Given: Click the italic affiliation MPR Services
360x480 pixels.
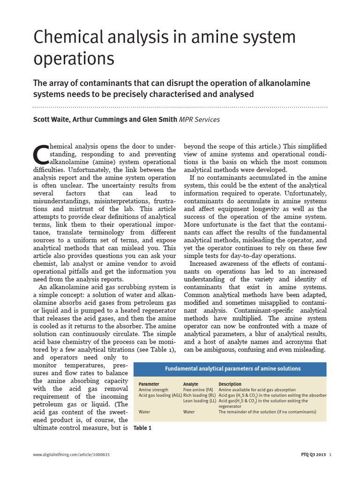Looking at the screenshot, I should pyautogui.click(x=199, y=120).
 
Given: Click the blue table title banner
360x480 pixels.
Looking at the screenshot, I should pyautogui.click(x=230, y=368).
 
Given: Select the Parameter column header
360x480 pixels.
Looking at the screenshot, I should pyautogui.click(x=149, y=384).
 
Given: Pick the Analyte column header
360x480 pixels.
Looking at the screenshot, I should pyautogui.click(x=190, y=384).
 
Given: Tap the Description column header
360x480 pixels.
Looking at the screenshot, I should pyautogui.click(x=230, y=384).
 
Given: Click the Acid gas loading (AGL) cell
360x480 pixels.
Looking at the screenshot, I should pyautogui.click(x=160, y=396).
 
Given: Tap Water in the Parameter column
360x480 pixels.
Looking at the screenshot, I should pyautogui.click(x=144, y=412).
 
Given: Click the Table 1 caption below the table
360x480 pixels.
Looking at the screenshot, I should pyautogui.click(x=142, y=428).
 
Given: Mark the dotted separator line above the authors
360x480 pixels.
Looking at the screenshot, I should pyautogui.click(x=180, y=107).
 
